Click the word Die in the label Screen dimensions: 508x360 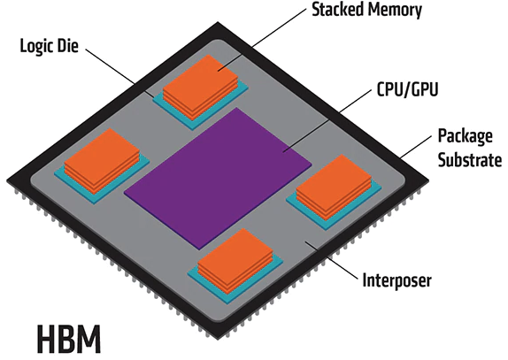(68, 45)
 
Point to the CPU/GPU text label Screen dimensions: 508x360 (408, 89)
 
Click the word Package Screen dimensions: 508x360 (466, 137)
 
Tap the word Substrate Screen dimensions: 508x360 (470, 159)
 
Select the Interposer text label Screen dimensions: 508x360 (396, 280)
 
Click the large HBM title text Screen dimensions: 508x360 (69, 340)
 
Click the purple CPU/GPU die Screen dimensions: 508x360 (218, 179)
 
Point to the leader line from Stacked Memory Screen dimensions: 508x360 (262, 40)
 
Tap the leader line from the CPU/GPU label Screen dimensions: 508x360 (327, 121)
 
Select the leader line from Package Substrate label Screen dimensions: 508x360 (416, 146)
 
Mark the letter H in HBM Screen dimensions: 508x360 (46, 340)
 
